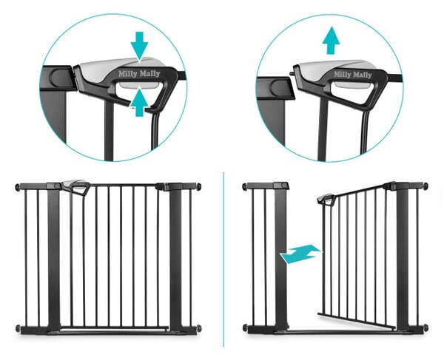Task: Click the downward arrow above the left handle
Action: pos(139,46)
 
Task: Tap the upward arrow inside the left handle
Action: pos(139,102)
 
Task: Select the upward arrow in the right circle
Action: pos(331,42)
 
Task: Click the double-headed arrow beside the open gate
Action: pos(301,254)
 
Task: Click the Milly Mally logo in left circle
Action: pos(139,74)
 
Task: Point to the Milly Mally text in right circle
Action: pos(352,75)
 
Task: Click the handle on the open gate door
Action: pos(326,200)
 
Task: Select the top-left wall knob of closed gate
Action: pos(18,187)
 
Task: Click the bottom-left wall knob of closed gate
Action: pos(18,329)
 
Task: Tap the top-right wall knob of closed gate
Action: pos(199,186)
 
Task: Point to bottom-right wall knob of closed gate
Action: pos(199,328)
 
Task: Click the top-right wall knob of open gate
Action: pos(425,186)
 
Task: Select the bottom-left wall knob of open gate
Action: pos(245,328)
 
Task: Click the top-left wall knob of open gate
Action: pos(245,186)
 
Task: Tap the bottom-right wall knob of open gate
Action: pos(425,327)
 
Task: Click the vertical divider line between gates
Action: pos(223,259)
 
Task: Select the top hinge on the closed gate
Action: pos(162,186)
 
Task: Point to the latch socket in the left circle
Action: pos(58,77)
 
